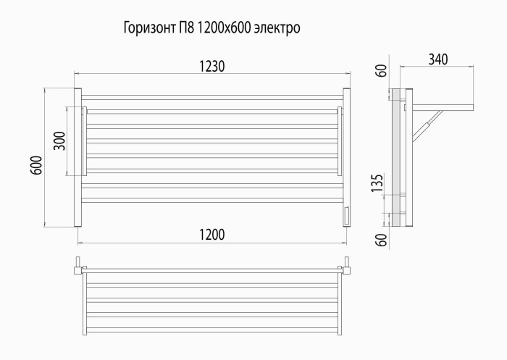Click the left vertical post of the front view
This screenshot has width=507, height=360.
click(x=78, y=157)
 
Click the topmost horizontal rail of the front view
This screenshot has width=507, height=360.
click(x=211, y=96)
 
